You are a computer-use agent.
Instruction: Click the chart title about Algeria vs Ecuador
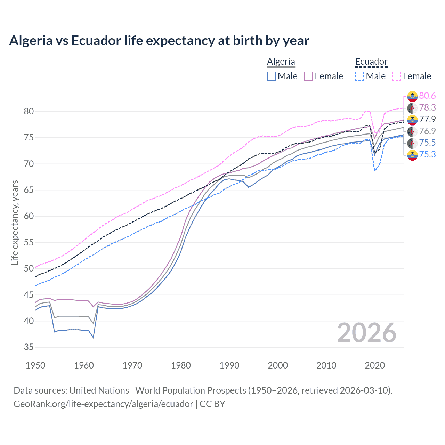pos(159,41)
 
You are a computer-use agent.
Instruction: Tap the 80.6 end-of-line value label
pos(427,96)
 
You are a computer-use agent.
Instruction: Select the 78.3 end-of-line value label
pos(427,108)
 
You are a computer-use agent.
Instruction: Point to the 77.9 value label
pos(427,120)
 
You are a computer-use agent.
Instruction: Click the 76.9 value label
pos(427,131)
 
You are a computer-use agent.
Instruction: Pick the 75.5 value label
pos(427,143)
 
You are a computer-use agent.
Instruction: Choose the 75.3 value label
pos(427,155)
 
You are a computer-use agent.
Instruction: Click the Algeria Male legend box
pos(272,76)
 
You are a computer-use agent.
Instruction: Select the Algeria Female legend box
pos(308,76)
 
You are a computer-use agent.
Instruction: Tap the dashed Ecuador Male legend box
pos(359,76)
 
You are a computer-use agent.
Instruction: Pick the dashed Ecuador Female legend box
pos(397,76)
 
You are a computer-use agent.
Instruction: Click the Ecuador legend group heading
pos(371,62)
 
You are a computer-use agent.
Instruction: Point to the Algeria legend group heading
pos(281,62)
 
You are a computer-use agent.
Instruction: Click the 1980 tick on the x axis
pos(181,365)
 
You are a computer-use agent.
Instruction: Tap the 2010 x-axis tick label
pos(326,365)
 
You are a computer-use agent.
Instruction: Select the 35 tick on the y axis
pos(29,347)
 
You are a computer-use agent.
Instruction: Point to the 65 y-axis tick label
pos(29,190)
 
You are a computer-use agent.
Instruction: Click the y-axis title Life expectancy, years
pos(15,222)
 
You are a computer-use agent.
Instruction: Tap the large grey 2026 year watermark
pos(366,333)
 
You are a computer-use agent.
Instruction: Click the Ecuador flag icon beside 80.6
pos(412,96)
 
